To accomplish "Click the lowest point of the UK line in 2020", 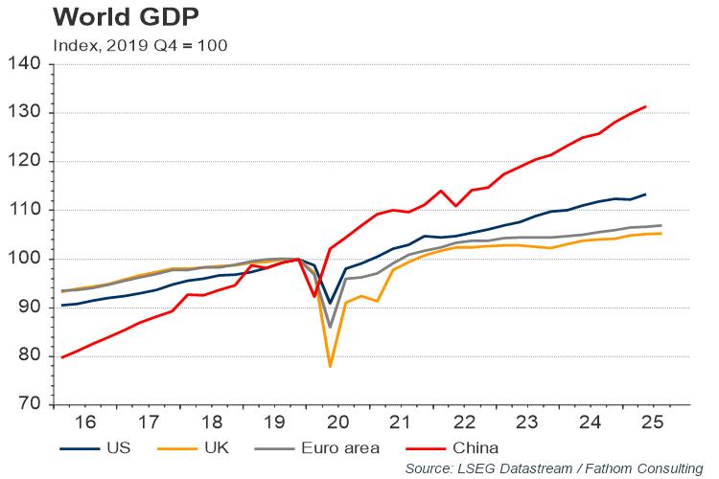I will click(x=331, y=367).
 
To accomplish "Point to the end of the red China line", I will click(x=646, y=106).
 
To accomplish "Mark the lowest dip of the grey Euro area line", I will click(x=331, y=328).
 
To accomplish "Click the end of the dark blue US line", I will click(x=646, y=194).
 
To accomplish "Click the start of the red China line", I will click(x=61, y=357).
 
